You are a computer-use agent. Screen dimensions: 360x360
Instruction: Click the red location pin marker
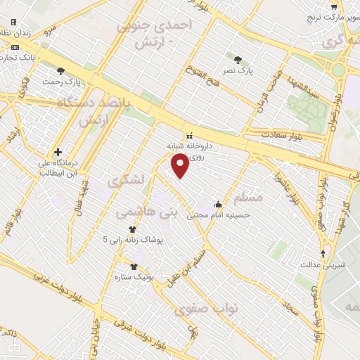coord(181,166)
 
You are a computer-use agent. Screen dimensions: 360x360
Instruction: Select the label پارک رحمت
coord(62,82)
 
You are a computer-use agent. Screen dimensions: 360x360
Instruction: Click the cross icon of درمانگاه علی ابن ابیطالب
coord(58,151)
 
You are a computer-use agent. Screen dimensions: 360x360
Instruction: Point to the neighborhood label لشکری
coord(126,180)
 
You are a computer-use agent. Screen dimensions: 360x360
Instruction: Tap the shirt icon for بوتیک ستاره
coord(134,266)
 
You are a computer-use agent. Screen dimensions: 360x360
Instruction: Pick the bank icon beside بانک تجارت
coord(15,47)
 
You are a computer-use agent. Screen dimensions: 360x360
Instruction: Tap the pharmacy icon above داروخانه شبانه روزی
coord(188,135)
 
